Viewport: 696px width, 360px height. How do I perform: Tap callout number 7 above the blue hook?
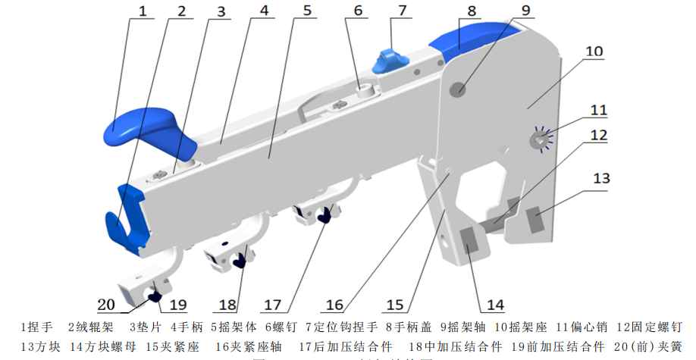point(402,10)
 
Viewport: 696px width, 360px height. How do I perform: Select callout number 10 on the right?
point(594,52)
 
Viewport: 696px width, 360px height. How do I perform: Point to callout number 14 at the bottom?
point(495,305)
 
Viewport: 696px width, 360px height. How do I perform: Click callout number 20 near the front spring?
point(107,304)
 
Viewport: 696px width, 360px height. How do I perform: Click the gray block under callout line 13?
point(537,222)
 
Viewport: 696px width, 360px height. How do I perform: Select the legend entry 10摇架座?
point(522,327)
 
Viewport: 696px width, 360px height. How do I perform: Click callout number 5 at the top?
point(306,11)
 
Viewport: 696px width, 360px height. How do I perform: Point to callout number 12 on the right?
point(599,135)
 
